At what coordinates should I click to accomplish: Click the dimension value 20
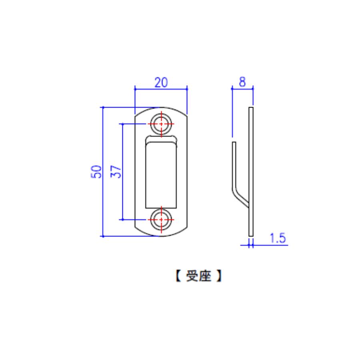point(161,82)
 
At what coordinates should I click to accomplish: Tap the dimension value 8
point(242,82)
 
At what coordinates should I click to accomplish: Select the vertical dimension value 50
point(96,172)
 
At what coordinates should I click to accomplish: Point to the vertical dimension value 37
point(116,172)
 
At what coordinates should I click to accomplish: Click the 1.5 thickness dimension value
point(278,238)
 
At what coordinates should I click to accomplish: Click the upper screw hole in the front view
point(161,124)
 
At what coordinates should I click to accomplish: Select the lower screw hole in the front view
point(161,220)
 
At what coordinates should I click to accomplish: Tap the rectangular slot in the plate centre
point(161,175)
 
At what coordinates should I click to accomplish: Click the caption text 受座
point(198,276)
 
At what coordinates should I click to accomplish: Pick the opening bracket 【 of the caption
point(178,276)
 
